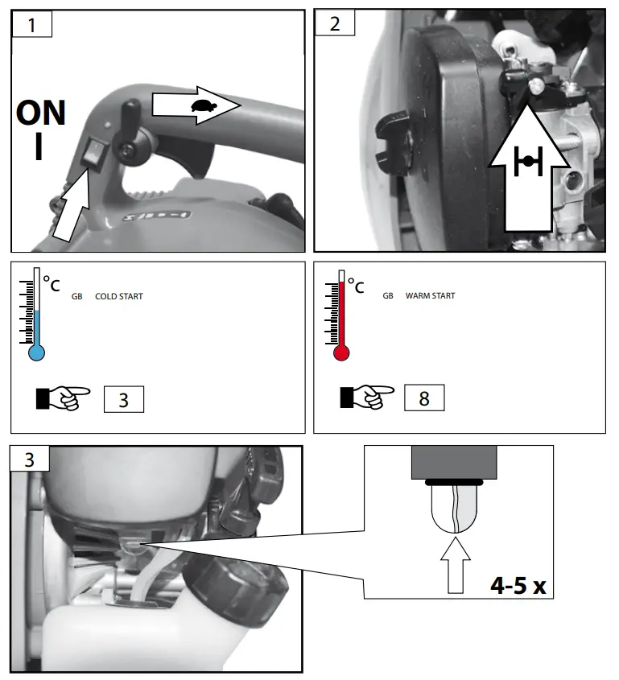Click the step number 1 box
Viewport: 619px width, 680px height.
(x=31, y=24)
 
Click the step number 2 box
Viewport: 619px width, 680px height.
(x=335, y=23)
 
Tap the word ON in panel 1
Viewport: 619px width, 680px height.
(x=41, y=113)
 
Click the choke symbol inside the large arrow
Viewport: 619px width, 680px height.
(x=527, y=161)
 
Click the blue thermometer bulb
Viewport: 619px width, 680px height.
(x=36, y=352)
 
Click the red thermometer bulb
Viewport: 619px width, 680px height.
(x=340, y=352)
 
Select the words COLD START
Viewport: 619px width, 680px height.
(x=118, y=297)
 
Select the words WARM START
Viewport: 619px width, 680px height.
(x=430, y=296)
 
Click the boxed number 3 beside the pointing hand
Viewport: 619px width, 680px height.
(x=123, y=400)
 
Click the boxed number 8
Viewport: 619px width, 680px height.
(x=423, y=398)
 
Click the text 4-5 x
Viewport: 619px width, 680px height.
(x=518, y=585)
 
